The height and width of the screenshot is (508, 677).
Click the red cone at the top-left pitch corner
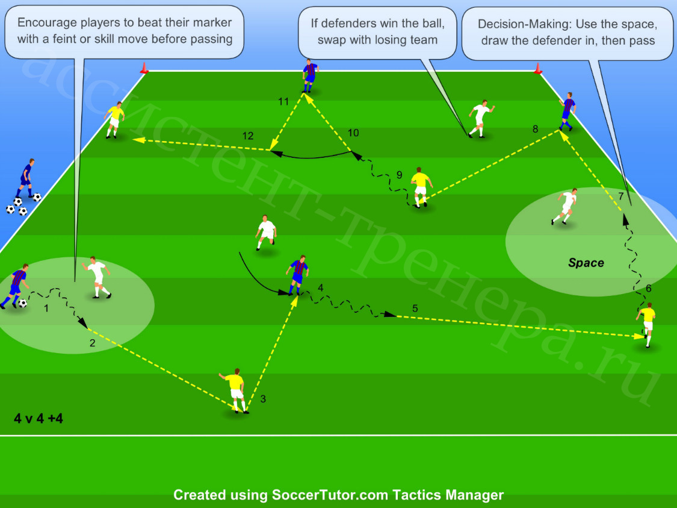pos(144,68)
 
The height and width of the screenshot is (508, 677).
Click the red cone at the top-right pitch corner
pos(538,68)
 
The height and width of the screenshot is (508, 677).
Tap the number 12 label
pos(248,136)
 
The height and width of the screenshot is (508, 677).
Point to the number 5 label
pos(415,309)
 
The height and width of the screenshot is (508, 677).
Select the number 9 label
pos(400,175)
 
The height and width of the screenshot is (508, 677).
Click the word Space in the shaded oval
pos(586,262)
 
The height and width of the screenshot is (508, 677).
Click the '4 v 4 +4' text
pos(39,418)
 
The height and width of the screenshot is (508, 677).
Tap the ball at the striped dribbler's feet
pos(22,303)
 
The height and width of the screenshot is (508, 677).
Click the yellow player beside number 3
pos(235,391)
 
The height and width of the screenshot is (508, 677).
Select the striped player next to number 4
pos(297,275)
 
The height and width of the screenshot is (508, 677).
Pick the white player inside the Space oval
pos(565,206)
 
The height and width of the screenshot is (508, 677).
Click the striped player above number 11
pos(309,76)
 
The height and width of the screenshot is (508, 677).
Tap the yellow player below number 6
pos(646,324)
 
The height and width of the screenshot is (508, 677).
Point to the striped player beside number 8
pos(567,111)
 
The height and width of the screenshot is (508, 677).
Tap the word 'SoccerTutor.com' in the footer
pos(330,495)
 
